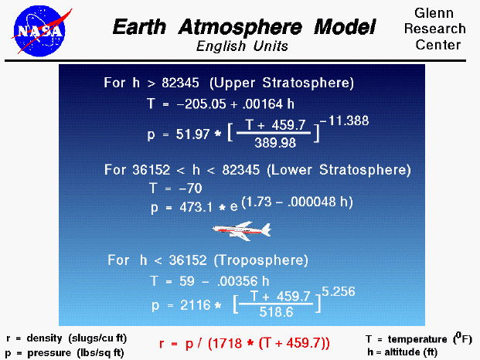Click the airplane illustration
tap(242, 229)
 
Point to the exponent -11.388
tap(346, 121)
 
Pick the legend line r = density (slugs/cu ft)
tap(66, 338)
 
